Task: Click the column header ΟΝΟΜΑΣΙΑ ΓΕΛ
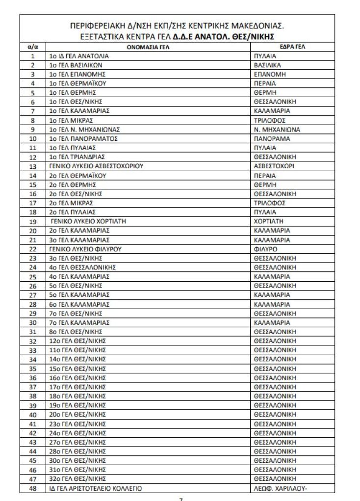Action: [x=149, y=47]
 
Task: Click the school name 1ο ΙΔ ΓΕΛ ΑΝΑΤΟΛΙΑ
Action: [x=78, y=56]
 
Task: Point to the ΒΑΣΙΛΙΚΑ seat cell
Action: [x=268, y=65]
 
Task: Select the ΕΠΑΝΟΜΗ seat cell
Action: [x=270, y=75]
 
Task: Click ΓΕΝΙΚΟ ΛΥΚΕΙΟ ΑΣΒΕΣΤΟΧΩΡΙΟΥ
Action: [x=96, y=166]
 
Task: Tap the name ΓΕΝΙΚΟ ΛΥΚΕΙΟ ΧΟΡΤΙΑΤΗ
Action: [x=88, y=221]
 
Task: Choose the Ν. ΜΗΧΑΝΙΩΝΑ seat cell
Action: [x=277, y=130]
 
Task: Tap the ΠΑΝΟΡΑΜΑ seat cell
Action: [x=272, y=139]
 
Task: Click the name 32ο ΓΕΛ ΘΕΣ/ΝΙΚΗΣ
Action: [x=77, y=478]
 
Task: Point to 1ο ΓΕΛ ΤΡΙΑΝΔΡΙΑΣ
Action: [x=78, y=157]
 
